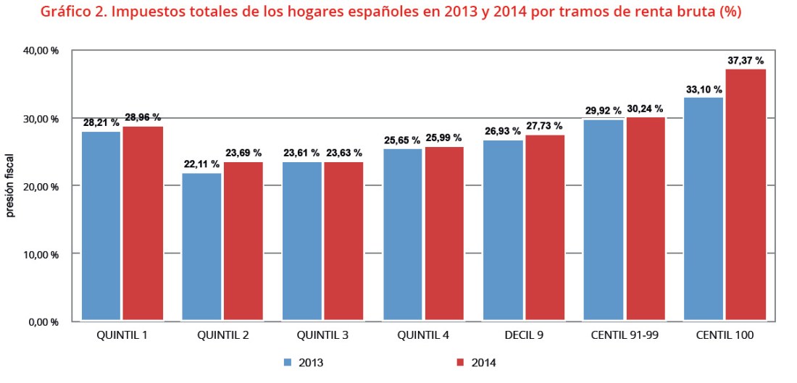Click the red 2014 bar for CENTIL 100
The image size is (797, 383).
tap(746, 194)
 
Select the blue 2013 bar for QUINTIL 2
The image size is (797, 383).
tap(202, 246)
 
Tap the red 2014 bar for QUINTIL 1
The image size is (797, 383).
tap(142, 223)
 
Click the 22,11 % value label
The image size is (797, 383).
tap(201, 164)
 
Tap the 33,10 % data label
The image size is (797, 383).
tap(704, 90)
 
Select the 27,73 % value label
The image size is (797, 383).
tap(543, 126)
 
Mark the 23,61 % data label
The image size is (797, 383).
tap(301, 153)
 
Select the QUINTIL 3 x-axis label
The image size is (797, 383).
tap(322, 336)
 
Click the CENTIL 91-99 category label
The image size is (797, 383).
tap(624, 336)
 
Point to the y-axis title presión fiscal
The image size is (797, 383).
tap(11, 186)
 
